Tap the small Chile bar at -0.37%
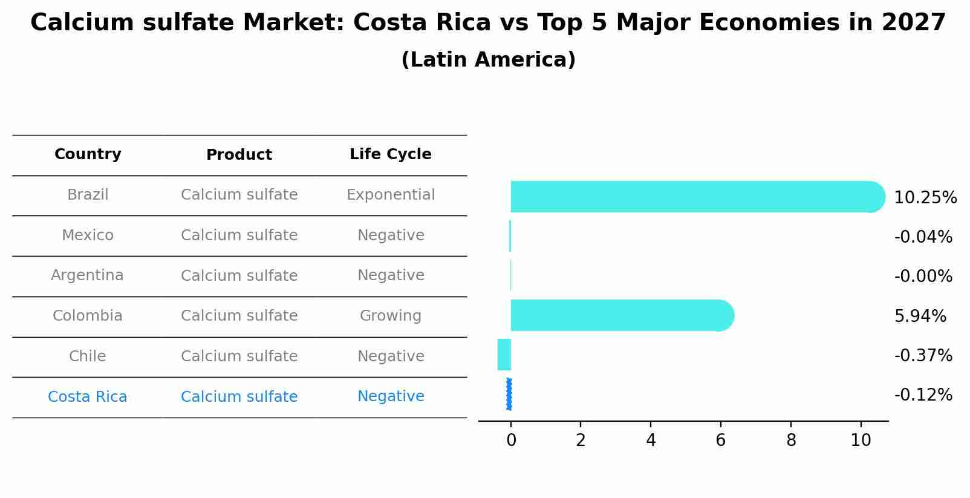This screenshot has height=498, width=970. [x=504, y=355]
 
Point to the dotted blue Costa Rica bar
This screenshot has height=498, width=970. [x=509, y=394]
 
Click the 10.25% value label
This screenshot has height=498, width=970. [x=925, y=198]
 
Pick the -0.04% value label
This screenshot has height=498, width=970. [x=923, y=237]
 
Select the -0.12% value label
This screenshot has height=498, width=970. [x=923, y=395]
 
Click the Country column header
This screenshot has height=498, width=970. [x=88, y=154]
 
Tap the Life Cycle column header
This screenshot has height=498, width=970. [x=390, y=154]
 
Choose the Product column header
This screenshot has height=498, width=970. [x=239, y=155]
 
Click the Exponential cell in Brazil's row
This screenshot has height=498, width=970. [x=390, y=195]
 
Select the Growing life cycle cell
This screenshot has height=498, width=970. [x=390, y=316]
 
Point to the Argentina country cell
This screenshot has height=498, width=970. [x=87, y=275]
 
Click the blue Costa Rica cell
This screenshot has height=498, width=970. [x=87, y=397]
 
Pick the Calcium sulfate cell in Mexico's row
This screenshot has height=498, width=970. [x=239, y=235]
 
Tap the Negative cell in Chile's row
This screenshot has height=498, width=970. [x=390, y=356]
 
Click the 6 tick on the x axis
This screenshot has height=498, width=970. [x=720, y=441]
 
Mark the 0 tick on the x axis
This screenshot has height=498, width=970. [x=511, y=441]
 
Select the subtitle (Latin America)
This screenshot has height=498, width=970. [x=488, y=60]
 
